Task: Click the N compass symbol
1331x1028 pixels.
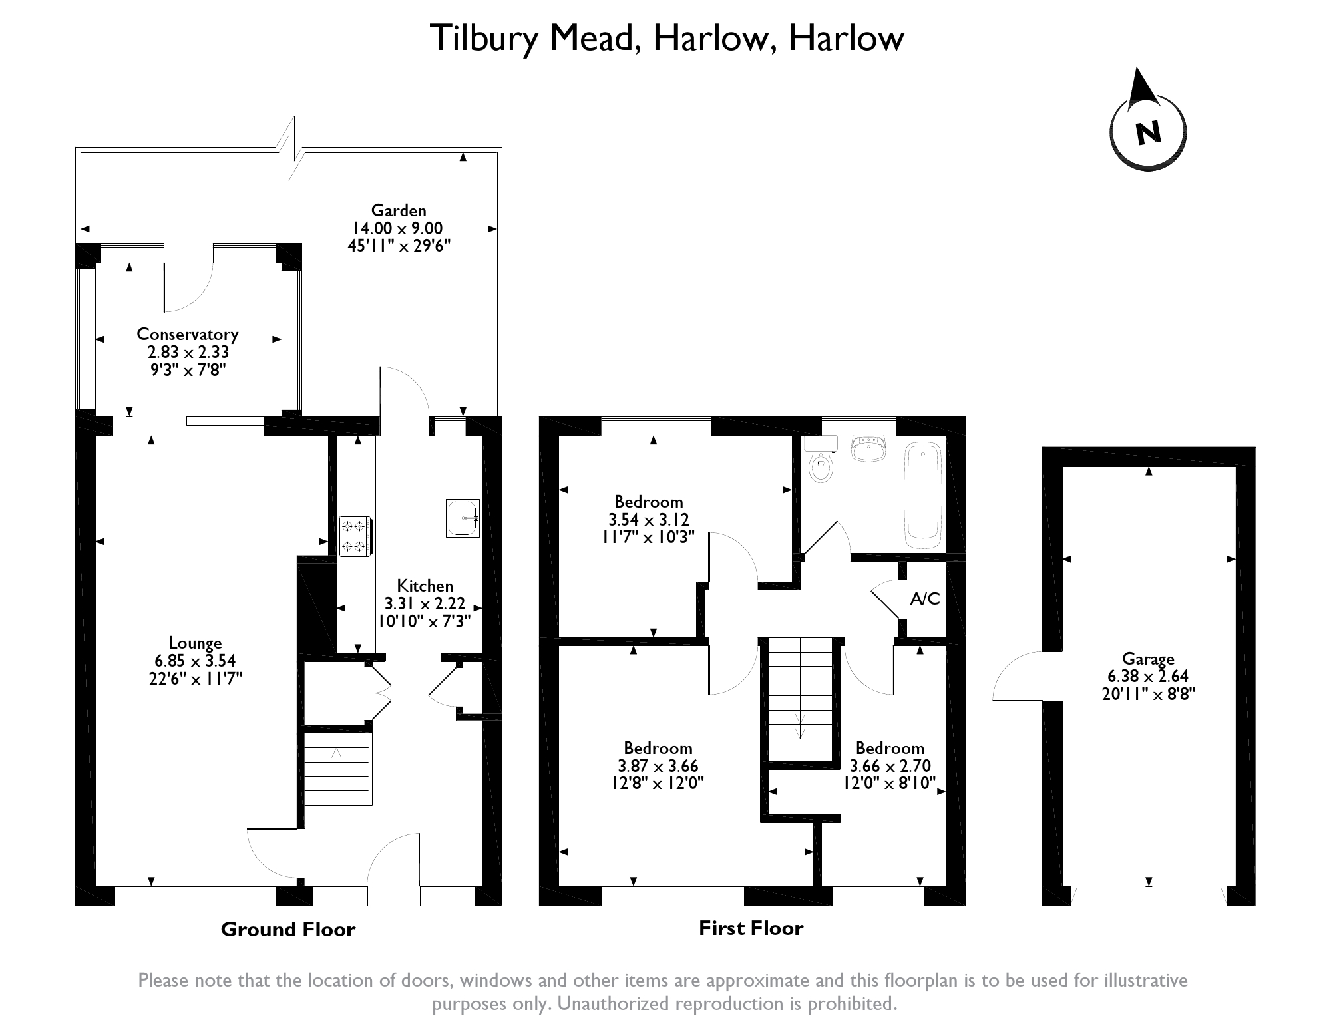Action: [1148, 132]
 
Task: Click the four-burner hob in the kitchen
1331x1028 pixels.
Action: [355, 536]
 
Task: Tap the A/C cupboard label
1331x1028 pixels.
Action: [925, 599]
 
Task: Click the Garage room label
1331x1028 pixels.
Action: [1148, 659]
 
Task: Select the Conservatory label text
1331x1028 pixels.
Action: [187, 334]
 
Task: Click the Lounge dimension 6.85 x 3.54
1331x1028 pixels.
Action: [195, 661]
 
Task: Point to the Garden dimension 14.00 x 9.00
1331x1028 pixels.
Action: [399, 228]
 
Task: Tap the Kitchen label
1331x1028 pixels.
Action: [425, 586]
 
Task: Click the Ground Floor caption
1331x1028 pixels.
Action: [288, 930]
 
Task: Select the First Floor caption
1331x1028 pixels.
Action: [751, 928]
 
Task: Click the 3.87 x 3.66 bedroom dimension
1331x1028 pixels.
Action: [658, 766]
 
